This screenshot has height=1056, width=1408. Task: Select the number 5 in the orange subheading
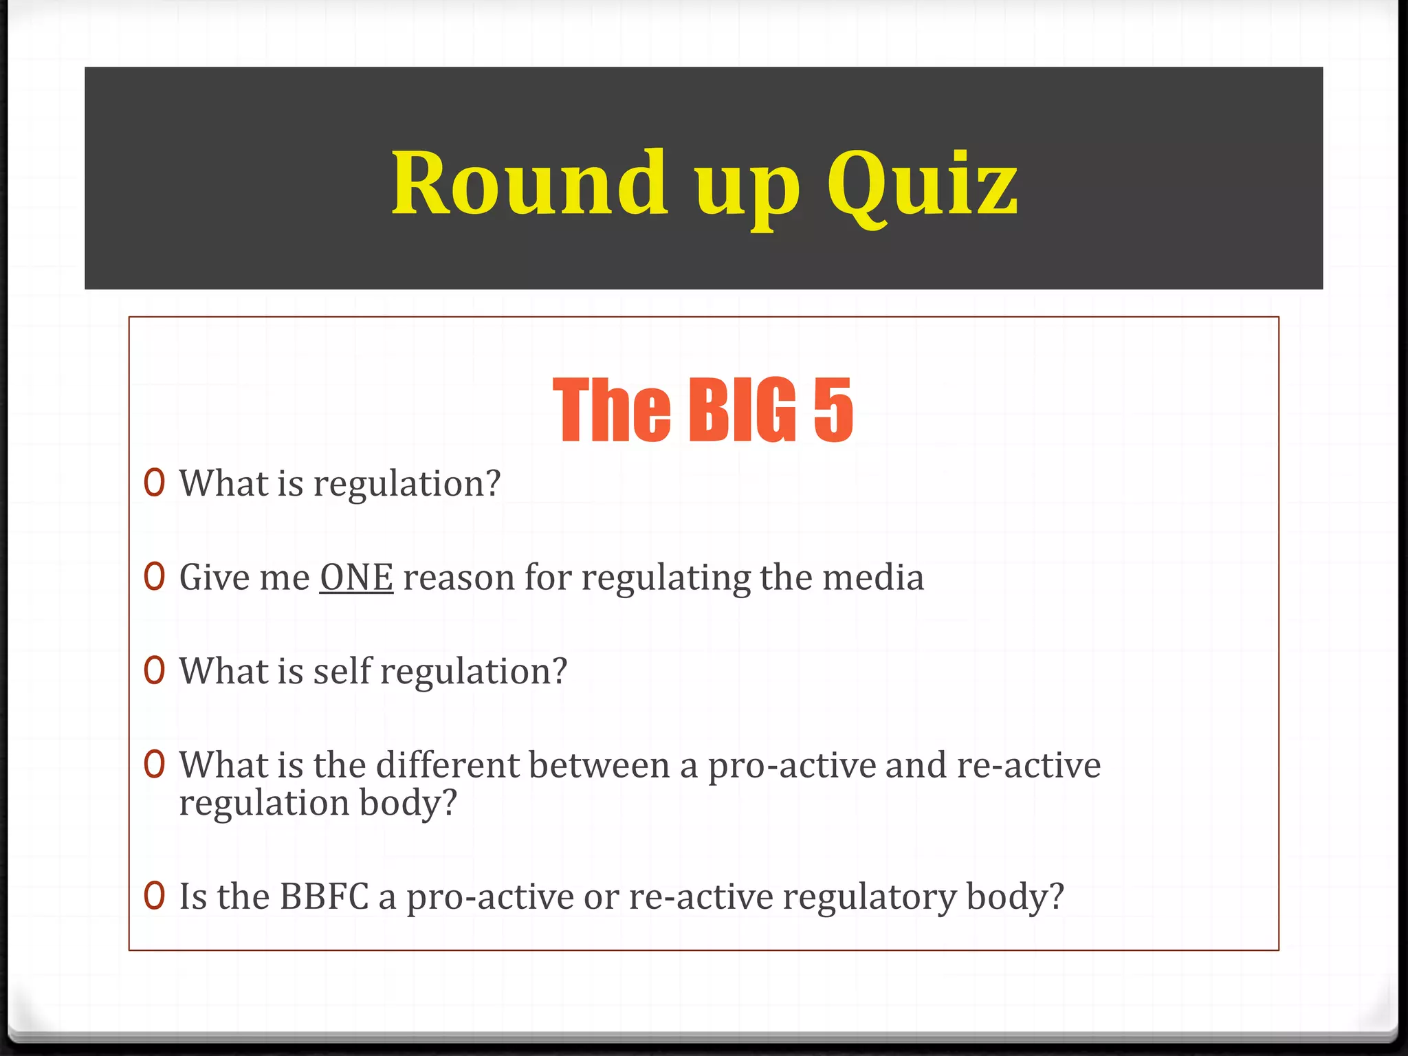pyautogui.click(x=833, y=410)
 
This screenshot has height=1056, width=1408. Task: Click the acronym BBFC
pyautogui.click(x=324, y=896)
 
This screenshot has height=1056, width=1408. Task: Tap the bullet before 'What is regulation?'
pyautogui.click(x=155, y=483)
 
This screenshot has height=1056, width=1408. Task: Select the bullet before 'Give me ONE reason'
pyautogui.click(x=155, y=577)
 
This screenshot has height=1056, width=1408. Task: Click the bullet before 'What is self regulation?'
pyautogui.click(x=155, y=670)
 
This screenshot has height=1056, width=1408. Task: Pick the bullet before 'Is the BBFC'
pyautogui.click(x=155, y=896)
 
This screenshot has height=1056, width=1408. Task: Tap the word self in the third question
pyautogui.click(x=342, y=671)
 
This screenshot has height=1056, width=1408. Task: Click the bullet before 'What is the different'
pyautogui.click(x=155, y=764)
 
